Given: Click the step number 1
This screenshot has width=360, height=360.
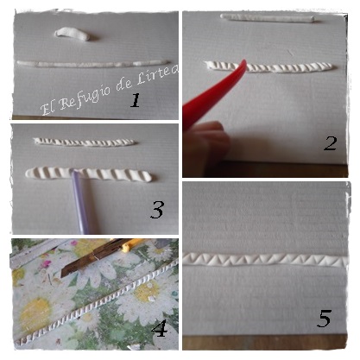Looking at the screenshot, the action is pos(136,100).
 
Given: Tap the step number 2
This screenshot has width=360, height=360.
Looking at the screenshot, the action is pos(330,143).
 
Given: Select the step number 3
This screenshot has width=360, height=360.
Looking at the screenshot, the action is pos(157,210).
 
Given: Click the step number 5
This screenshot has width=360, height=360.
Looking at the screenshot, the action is pos(324,319).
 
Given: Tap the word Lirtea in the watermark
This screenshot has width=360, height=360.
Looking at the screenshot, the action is pos(157,74).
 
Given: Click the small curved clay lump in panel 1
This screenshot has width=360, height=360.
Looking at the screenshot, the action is pos(73,34).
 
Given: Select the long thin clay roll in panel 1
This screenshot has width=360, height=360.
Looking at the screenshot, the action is pos(93,64).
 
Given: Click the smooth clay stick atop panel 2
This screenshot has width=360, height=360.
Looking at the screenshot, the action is pos(268,18).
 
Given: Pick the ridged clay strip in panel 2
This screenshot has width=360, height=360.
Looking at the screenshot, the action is pos(269,67).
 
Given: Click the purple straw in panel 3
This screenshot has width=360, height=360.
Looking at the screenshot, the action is pos(79,201).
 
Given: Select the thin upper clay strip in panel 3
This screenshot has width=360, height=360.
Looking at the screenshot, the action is pos(85,142).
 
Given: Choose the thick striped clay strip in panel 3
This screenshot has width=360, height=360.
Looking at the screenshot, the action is pos(89,174).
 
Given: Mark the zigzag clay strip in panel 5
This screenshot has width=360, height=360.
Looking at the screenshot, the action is pos(265,260).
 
